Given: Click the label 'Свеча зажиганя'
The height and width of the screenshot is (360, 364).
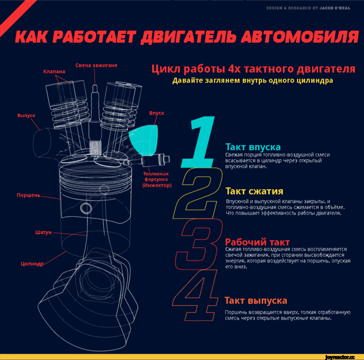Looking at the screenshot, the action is coord(96,66).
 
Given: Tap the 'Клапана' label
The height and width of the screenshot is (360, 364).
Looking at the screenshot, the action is coord(54,71).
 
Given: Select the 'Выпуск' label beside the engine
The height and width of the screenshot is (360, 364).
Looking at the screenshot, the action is coord(26,116).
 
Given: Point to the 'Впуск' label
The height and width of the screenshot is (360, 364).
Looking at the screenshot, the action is coord(157,113).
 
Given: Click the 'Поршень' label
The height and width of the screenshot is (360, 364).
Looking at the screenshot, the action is coord(28,195).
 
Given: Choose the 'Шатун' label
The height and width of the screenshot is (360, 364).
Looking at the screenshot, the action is coord(44,232).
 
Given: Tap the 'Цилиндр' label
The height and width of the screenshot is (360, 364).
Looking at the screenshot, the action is coord(32,264).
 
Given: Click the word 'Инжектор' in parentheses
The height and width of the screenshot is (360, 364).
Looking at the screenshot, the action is coord(157,185).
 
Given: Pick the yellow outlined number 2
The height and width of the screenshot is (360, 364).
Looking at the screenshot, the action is coord(197,193).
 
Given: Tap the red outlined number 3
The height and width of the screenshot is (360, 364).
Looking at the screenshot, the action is coord(199,244).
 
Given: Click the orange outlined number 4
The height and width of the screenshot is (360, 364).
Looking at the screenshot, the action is coord(195,295).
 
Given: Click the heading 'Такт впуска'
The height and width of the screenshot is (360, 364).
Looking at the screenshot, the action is coord(253,147).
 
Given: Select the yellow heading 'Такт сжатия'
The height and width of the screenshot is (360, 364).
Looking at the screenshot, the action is coord(254,191).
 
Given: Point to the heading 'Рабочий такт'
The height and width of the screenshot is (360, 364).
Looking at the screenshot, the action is coord(258,242).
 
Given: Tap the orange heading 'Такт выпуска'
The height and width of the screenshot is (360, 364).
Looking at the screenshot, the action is coord(256,301).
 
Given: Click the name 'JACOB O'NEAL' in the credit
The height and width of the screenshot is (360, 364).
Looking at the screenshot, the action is coord(335,8).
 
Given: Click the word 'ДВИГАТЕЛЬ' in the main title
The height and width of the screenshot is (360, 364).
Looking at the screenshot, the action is coord(188,37).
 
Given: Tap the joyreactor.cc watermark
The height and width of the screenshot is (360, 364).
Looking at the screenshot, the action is coord(340,357).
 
